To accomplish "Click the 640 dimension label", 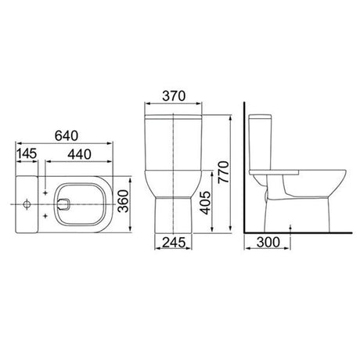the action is click(67, 135).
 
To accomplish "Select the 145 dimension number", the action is click(27, 153).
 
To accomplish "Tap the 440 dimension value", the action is click(79, 154).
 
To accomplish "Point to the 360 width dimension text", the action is click(124, 201).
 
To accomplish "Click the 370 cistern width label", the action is click(174, 95).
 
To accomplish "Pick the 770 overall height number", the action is click(224, 172).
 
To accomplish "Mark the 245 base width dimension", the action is click(174, 243).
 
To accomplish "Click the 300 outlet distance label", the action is click(268, 242).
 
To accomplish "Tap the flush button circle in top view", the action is click(27, 204).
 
